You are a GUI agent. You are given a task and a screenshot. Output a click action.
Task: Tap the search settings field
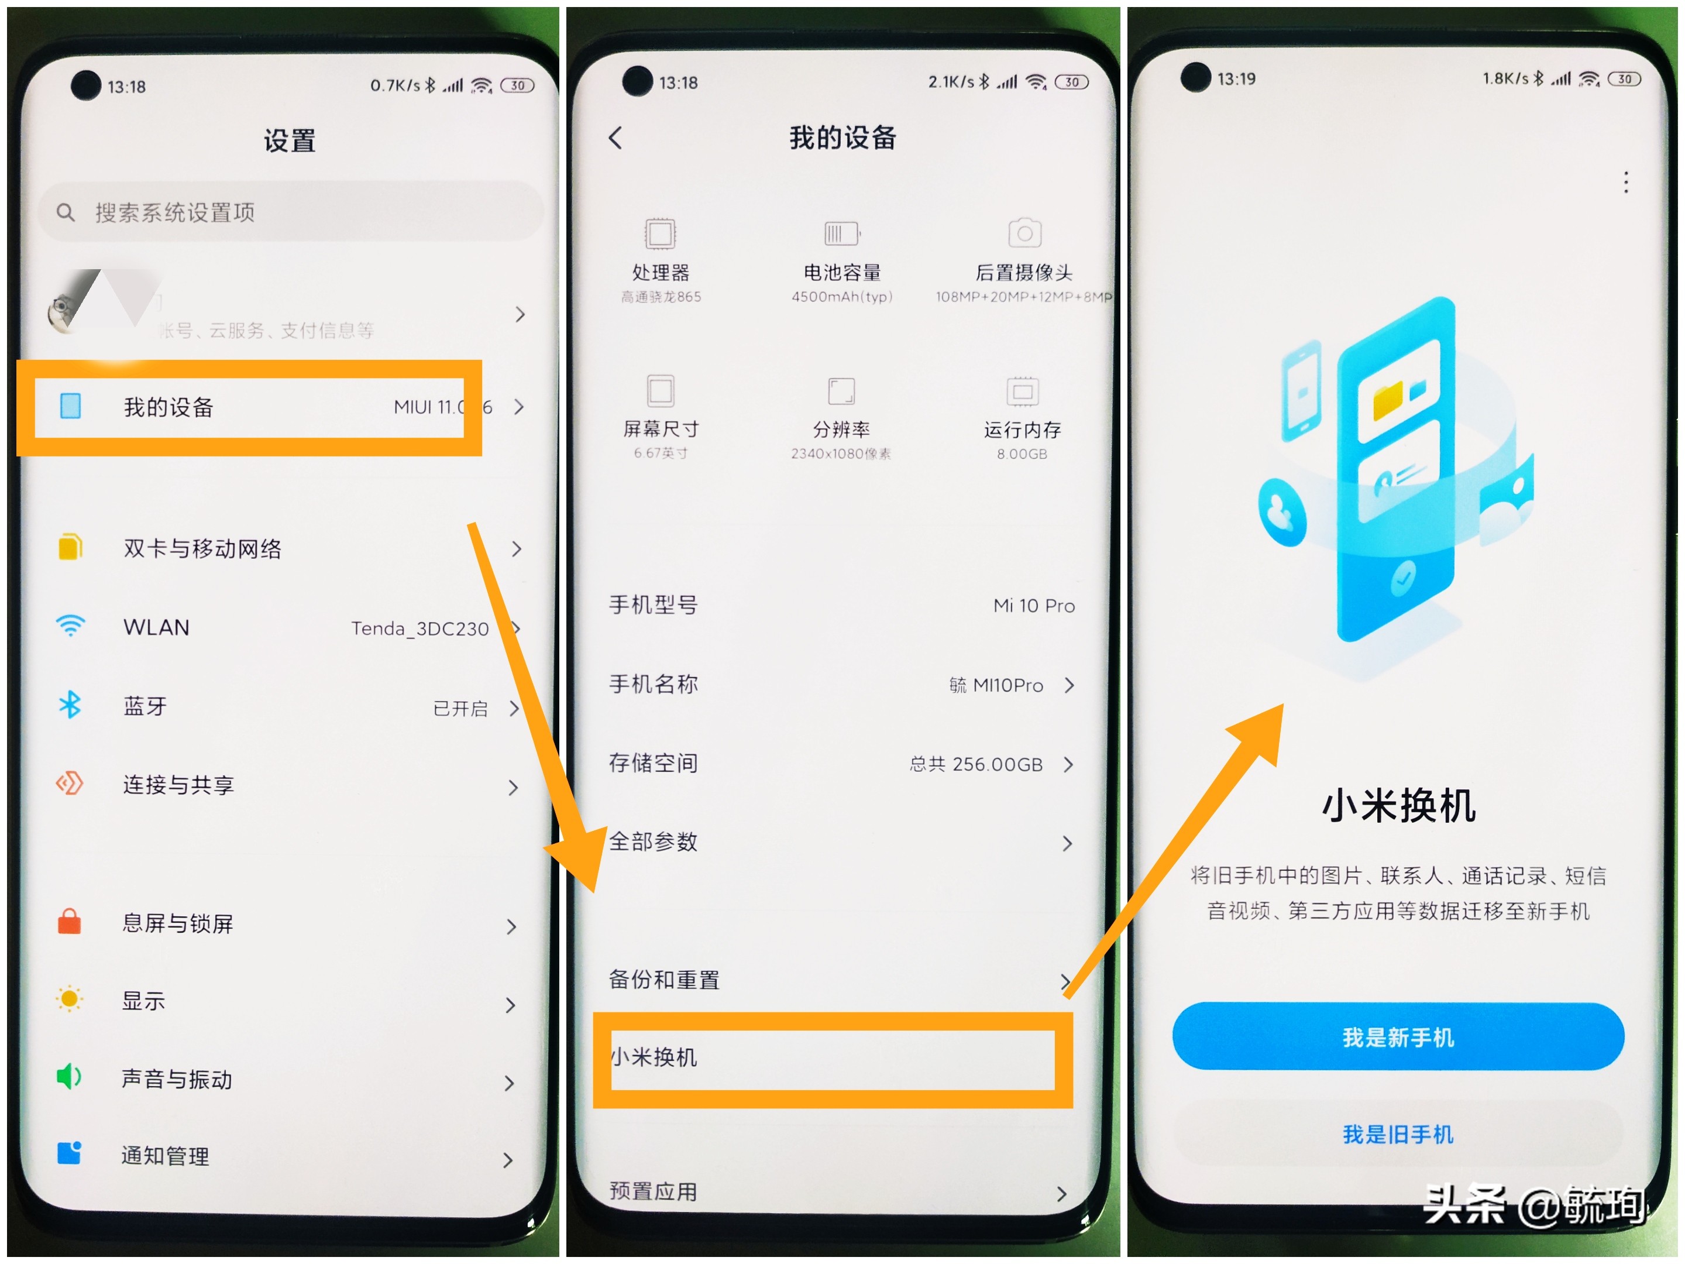(x=290, y=212)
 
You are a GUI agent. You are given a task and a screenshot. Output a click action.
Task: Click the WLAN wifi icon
(x=70, y=626)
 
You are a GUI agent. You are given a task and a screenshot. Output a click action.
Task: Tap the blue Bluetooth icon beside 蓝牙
(x=70, y=706)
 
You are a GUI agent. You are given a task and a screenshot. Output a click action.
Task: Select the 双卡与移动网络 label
(x=202, y=548)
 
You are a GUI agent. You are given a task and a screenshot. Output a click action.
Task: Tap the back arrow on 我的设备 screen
(x=615, y=138)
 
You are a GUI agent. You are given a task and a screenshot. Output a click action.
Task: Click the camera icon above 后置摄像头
(x=1024, y=233)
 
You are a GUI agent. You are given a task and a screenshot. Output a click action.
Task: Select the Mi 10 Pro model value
(x=1034, y=606)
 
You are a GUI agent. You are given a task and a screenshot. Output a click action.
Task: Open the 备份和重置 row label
(x=664, y=980)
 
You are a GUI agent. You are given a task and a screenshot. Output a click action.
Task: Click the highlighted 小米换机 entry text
(x=654, y=1057)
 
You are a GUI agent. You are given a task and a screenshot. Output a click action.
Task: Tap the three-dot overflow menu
(x=1625, y=183)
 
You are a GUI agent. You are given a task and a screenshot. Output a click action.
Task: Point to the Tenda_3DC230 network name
(x=419, y=628)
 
